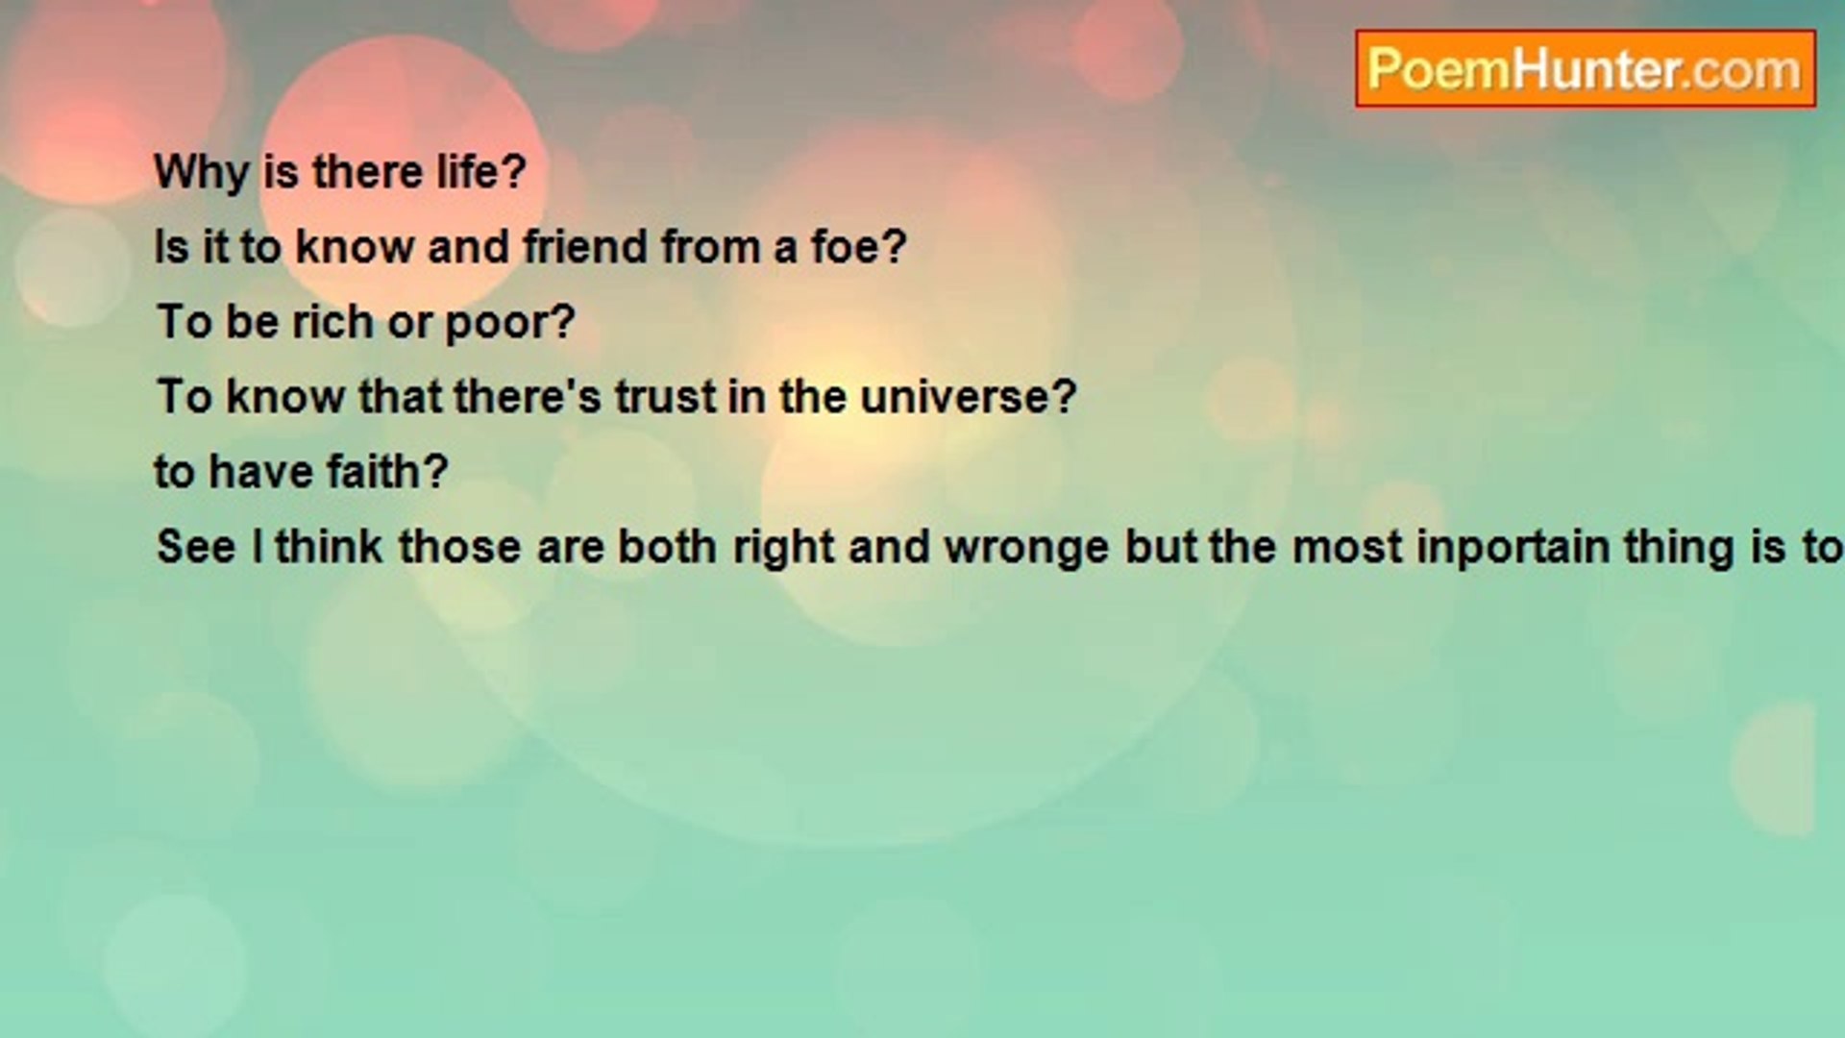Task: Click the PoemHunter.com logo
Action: pyautogui.click(x=1586, y=69)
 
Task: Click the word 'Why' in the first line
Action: pyautogui.click(x=202, y=173)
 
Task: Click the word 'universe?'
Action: pyautogui.click(x=968, y=397)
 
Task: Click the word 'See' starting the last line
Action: pyautogui.click(x=195, y=547)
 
